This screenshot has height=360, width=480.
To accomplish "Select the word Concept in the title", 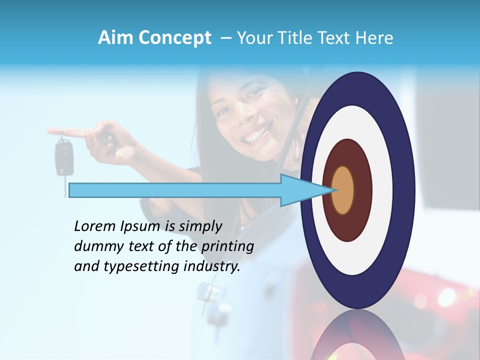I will pyautogui.click(x=174, y=38).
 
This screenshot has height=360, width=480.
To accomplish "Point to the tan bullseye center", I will pyautogui.click(x=343, y=190).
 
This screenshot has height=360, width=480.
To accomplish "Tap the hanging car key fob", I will pyautogui.click(x=63, y=158).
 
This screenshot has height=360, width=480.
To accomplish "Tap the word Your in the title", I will pyautogui.click(x=252, y=38).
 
